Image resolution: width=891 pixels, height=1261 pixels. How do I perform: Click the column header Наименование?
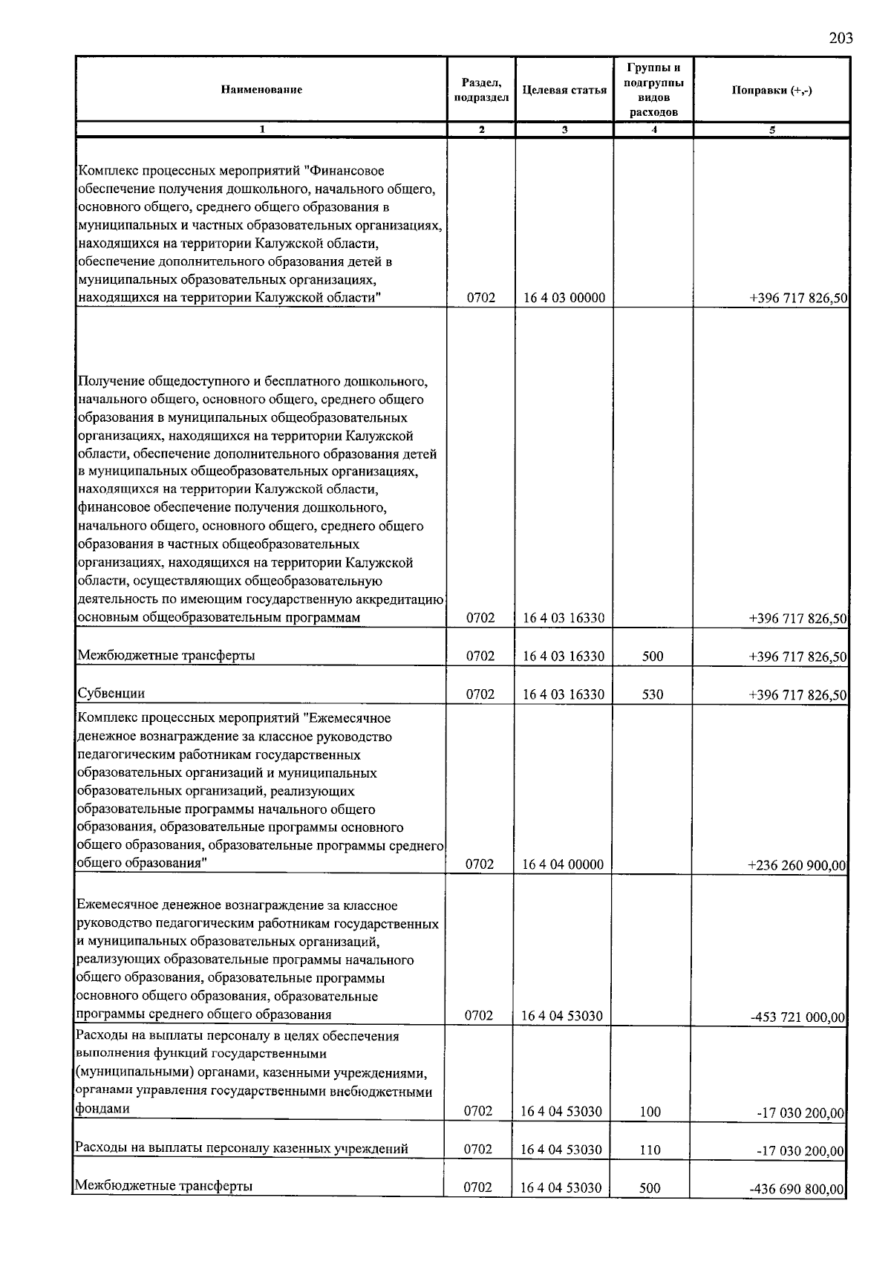pos(261,90)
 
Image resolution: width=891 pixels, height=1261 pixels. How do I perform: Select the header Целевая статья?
pos(564,90)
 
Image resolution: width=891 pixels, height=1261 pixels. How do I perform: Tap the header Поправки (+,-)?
pos(771,90)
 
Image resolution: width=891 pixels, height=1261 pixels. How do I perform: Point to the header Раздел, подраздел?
pos(481,90)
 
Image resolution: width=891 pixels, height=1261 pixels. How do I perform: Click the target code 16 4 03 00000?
pos(564,298)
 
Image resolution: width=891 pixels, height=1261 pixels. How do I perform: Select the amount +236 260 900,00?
pos(796,865)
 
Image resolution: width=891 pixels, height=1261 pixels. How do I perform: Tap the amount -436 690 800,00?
pos(797,1189)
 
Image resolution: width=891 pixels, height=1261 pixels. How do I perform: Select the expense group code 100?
pos(650,1112)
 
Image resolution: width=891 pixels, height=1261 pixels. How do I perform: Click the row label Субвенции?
pos(111,693)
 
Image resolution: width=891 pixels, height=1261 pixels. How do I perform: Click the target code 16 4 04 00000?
pos(563,864)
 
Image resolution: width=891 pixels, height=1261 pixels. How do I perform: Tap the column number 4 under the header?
pos(653,130)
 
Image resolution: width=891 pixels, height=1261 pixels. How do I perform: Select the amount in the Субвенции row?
pos(798,694)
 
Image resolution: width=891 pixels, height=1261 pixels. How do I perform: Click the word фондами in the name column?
pos(102,1109)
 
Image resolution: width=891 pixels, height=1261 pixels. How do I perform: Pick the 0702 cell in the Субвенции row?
pos(480,694)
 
